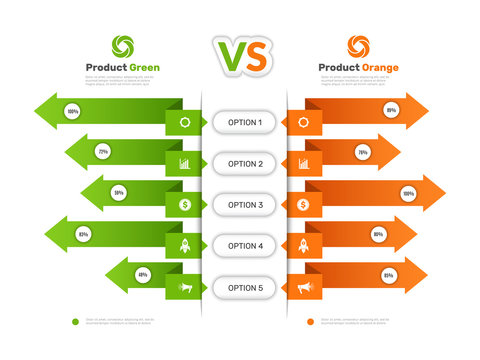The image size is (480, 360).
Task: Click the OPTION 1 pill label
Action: click(x=245, y=122)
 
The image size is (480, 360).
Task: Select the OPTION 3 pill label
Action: click(x=245, y=204)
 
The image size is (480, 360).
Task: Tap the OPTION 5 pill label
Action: click(x=245, y=287)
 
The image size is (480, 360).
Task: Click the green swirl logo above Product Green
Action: click(x=123, y=46)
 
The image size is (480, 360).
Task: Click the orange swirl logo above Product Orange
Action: click(x=358, y=46)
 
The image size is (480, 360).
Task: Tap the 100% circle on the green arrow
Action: click(x=73, y=112)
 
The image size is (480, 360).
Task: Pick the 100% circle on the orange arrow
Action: click(x=407, y=193)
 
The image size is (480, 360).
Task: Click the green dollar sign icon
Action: click(x=185, y=204)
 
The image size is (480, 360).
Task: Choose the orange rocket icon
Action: click(x=304, y=245)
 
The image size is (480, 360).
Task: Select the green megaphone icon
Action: click(x=185, y=288)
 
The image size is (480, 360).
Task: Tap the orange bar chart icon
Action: click(x=304, y=163)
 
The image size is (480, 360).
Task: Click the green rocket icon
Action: click(x=185, y=245)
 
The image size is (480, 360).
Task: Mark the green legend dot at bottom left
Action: click(x=75, y=322)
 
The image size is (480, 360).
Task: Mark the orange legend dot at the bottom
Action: click(x=310, y=322)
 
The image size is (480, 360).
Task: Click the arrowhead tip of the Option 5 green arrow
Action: click(x=106, y=276)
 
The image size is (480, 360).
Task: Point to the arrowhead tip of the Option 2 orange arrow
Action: click(x=399, y=152)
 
